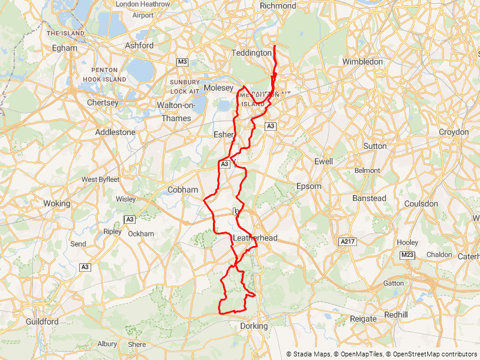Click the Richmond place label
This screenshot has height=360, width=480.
[278, 5]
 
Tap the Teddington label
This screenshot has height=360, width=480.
[252, 53]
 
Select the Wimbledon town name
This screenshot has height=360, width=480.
[362, 61]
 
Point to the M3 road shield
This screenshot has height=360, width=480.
[182, 62]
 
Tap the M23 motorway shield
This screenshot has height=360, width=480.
[407, 256]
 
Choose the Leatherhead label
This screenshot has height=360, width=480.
[254, 238]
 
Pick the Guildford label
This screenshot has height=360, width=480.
[42, 322]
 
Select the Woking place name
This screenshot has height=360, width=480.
[56, 203]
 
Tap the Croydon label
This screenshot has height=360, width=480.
[454, 132]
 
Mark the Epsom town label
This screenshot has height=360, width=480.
[309, 186]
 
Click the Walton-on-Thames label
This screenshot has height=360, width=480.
[174, 112]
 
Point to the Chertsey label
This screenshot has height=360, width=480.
[103, 103]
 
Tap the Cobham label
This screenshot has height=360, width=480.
[182, 190]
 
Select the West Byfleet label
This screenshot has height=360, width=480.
[101, 179]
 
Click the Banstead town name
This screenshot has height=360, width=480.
[369, 198]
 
